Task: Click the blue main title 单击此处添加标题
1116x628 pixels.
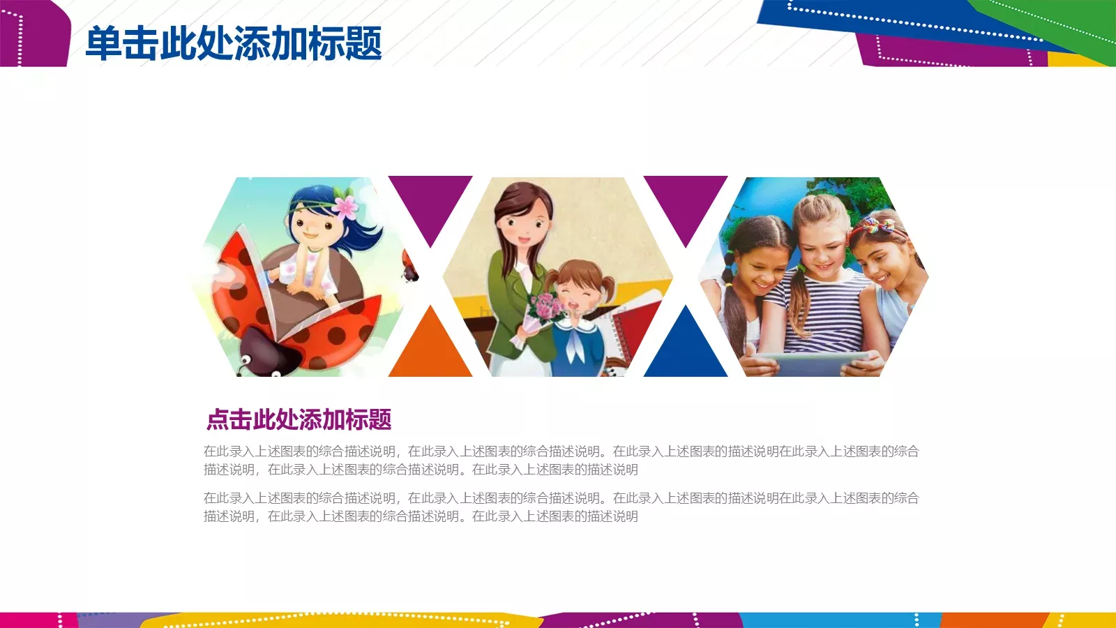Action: pyautogui.click(x=234, y=43)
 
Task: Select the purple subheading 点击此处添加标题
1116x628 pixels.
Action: pyautogui.click(x=299, y=419)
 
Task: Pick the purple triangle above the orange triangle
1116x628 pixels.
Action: pyautogui.click(x=430, y=202)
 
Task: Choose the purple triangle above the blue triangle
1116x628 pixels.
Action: pyautogui.click(x=686, y=202)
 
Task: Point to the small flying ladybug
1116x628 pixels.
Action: pyautogui.click(x=409, y=267)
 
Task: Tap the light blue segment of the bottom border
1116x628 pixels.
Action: pyautogui.click(x=837, y=620)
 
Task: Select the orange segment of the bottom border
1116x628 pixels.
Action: pyautogui.click(x=990, y=620)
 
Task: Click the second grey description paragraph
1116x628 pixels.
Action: pyautogui.click(x=561, y=507)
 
